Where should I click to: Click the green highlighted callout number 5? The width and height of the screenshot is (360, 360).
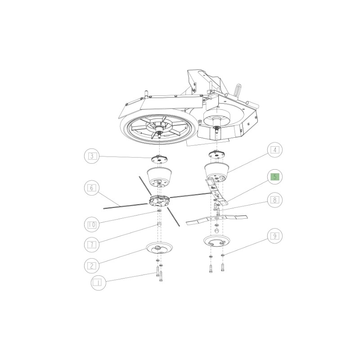274,176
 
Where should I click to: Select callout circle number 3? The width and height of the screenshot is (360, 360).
91,156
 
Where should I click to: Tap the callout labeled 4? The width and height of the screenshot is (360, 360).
274,150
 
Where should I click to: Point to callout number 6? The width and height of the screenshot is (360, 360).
91,187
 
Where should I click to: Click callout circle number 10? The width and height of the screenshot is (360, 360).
91,223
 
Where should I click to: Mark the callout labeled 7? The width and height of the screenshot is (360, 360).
91,244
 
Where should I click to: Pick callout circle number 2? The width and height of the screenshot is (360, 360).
91,265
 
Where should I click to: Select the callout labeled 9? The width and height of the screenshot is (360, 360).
274,235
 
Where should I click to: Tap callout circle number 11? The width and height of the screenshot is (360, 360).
96,283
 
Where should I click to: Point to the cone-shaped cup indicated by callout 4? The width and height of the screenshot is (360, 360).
217,171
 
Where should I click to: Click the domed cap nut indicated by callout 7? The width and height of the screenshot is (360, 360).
159,224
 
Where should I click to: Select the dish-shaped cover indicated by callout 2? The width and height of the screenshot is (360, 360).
160,248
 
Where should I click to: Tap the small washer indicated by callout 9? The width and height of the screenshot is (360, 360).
223,256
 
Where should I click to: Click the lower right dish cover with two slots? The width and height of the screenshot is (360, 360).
216,242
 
